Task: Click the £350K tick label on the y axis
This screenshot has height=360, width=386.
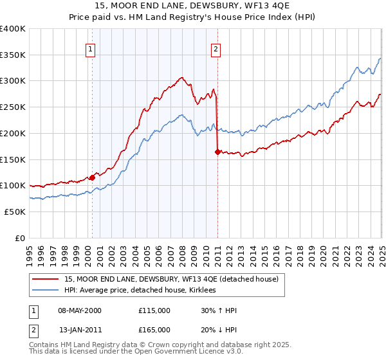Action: click(13, 55)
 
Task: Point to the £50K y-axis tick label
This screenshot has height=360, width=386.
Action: click(15, 212)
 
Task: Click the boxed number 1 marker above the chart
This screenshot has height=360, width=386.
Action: click(91, 48)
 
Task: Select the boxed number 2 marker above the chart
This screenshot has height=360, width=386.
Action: click(216, 48)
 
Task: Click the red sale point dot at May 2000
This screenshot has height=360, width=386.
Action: click(92, 177)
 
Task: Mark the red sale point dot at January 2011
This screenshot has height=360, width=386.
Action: click(217, 152)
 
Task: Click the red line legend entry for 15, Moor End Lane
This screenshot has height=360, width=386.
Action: click(171, 279)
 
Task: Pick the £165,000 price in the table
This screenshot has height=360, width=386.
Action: click(154, 330)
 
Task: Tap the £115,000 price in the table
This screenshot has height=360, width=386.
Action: click(154, 310)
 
